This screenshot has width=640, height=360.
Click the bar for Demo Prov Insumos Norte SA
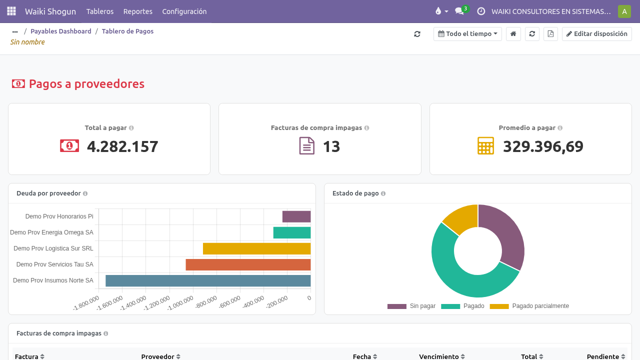click(x=208, y=280)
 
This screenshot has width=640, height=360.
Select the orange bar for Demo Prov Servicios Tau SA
click(x=248, y=264)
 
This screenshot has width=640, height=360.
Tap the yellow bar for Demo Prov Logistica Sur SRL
click(x=256, y=248)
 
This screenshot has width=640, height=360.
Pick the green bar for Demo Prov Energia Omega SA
click(x=291, y=232)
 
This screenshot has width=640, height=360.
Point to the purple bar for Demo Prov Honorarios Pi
click(x=296, y=216)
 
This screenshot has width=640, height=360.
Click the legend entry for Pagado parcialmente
click(x=529, y=306)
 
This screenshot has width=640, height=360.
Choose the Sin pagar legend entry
click(x=411, y=306)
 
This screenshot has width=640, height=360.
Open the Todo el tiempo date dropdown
click(x=467, y=34)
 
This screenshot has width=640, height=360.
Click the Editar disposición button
click(x=596, y=34)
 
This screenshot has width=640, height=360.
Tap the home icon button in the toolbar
click(x=513, y=34)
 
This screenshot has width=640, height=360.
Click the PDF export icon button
click(x=550, y=34)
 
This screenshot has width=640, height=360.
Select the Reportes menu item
click(x=137, y=11)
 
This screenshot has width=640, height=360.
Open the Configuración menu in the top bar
click(x=184, y=11)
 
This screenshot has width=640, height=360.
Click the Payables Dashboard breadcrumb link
click(x=61, y=31)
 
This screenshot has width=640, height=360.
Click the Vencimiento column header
click(x=439, y=356)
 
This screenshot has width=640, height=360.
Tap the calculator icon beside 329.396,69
click(x=485, y=145)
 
